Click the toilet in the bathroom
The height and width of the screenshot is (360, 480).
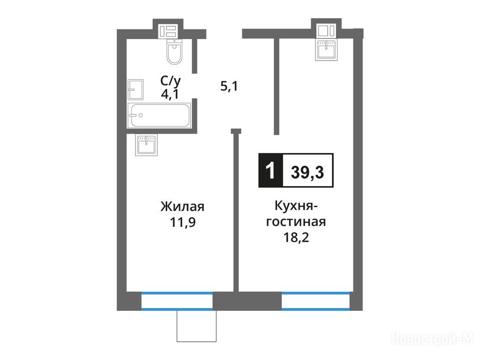pyautogui.click(x=174, y=52)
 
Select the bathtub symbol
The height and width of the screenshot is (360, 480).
pyautogui.click(x=159, y=115)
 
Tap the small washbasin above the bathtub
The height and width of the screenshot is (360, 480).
pyautogui.click(x=135, y=90)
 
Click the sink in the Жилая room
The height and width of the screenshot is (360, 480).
pyautogui.click(x=146, y=145)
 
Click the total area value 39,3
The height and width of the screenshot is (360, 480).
pyautogui.click(x=307, y=172)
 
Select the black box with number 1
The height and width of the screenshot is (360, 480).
pyautogui.click(x=270, y=171)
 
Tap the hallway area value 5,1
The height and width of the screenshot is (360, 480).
pyautogui.click(x=229, y=87)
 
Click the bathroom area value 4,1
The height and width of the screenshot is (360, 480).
pyautogui.click(x=170, y=94)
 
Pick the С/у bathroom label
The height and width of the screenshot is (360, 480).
pyautogui.click(x=171, y=81)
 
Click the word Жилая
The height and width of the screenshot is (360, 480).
pyautogui.click(x=182, y=207)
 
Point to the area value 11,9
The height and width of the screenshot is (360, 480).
pyautogui.click(x=183, y=222)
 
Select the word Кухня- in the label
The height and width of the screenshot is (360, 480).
pyautogui.click(x=296, y=206)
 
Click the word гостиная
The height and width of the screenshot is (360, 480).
pyautogui.click(x=296, y=222)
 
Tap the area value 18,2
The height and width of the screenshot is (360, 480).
pyautogui.click(x=296, y=237)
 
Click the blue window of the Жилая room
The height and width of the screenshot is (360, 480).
pyautogui.click(x=177, y=301)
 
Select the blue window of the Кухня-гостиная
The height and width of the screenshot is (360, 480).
pyautogui.click(x=315, y=301)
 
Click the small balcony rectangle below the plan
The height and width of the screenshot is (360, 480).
pyautogui.click(x=196, y=326)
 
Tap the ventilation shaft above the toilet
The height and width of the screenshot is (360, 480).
pyautogui.click(x=167, y=31)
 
